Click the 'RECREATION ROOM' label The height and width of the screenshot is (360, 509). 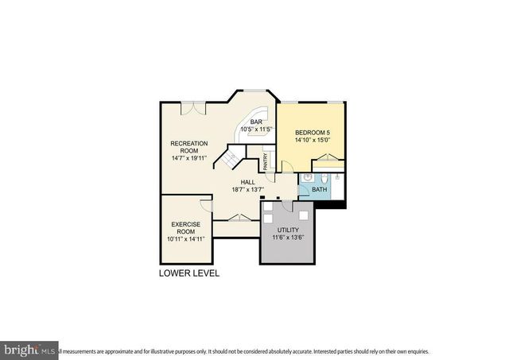188,147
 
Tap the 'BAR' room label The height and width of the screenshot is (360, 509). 257,121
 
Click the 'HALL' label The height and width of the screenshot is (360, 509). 248,182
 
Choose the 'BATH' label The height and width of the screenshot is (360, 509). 319,190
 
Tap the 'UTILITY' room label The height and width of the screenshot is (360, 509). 289,230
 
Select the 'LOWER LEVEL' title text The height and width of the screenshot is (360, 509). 189,273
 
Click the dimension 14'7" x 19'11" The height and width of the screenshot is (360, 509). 188,158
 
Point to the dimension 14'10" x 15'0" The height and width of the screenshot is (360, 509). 311,141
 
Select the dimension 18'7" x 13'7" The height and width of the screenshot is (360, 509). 248,190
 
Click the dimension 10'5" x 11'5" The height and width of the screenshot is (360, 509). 257,129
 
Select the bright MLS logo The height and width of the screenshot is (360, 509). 29,350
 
